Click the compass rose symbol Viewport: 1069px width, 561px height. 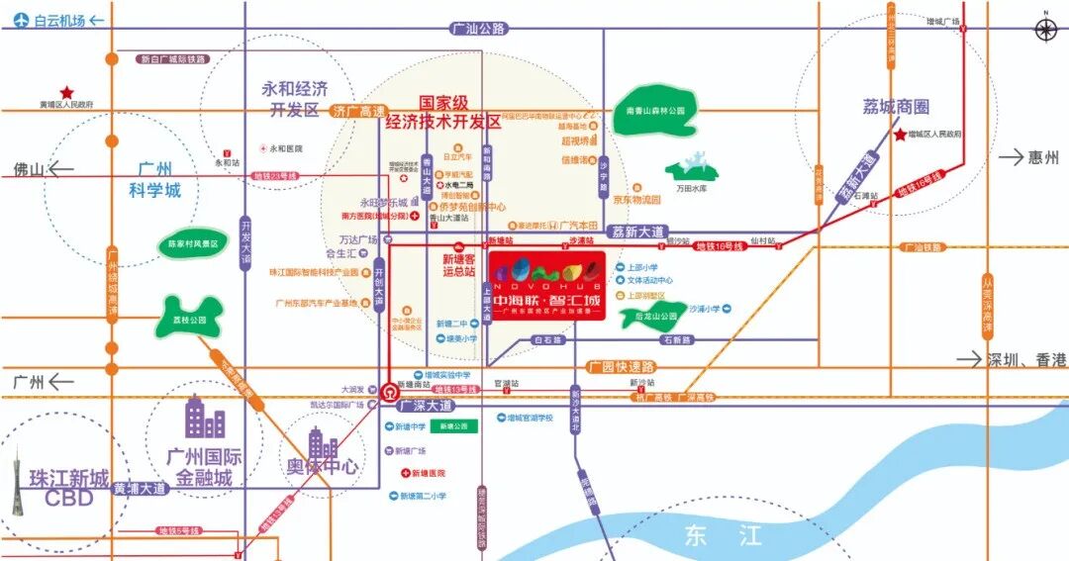[1046, 29]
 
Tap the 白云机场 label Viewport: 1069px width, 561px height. [58, 20]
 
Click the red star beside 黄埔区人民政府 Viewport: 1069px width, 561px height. [67, 91]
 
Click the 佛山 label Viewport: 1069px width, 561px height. [30, 169]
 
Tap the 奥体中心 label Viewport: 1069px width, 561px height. [322, 465]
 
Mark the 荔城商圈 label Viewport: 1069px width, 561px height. [895, 108]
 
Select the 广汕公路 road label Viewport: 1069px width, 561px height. [477, 30]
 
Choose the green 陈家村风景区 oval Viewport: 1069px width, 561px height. [192, 243]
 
